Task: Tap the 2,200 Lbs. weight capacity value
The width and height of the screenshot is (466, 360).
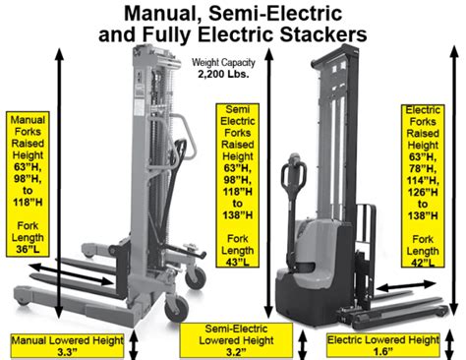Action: [x=222, y=76]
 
